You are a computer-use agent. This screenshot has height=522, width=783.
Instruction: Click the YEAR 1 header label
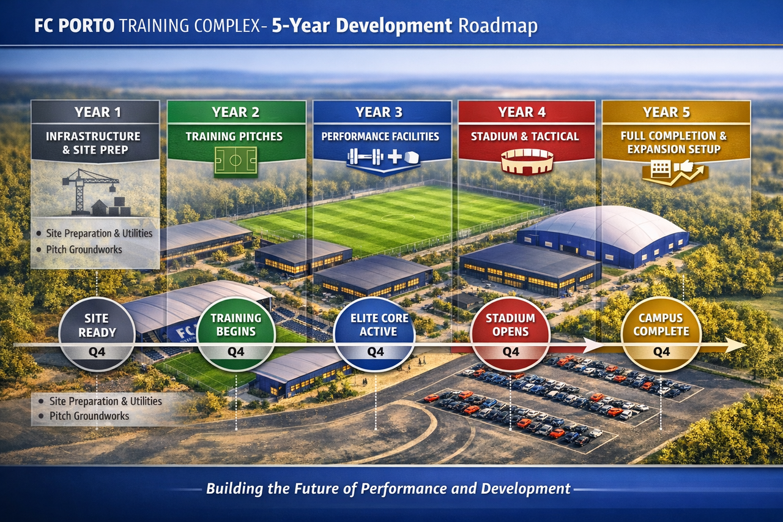tap(97, 112)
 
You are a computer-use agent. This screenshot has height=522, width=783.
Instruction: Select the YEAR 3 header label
tap(379, 112)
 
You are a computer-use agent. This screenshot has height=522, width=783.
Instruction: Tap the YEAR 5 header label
tap(666, 112)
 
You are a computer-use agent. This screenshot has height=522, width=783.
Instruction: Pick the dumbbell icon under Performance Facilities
tap(364, 157)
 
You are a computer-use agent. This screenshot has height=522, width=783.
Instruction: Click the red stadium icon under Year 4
tap(527, 162)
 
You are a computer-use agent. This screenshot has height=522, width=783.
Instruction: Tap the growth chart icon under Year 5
tap(675, 173)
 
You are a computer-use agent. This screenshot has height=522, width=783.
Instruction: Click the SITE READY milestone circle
tap(97, 334)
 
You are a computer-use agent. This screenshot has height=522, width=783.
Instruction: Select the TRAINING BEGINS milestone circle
tap(236, 334)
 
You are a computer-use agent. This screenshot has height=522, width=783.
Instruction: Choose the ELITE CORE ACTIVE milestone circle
tap(375, 334)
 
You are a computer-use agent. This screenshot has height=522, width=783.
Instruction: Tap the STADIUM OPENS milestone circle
tap(510, 334)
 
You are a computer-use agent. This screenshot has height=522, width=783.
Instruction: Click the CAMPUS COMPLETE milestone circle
tap(661, 334)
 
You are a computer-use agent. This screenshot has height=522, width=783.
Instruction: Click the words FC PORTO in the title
tap(75, 26)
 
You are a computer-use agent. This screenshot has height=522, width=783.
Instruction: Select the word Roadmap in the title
tap(498, 26)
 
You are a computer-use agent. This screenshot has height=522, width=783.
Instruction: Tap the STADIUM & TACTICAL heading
tap(525, 136)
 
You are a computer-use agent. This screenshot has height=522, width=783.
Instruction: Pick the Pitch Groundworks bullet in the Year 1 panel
tap(84, 250)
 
